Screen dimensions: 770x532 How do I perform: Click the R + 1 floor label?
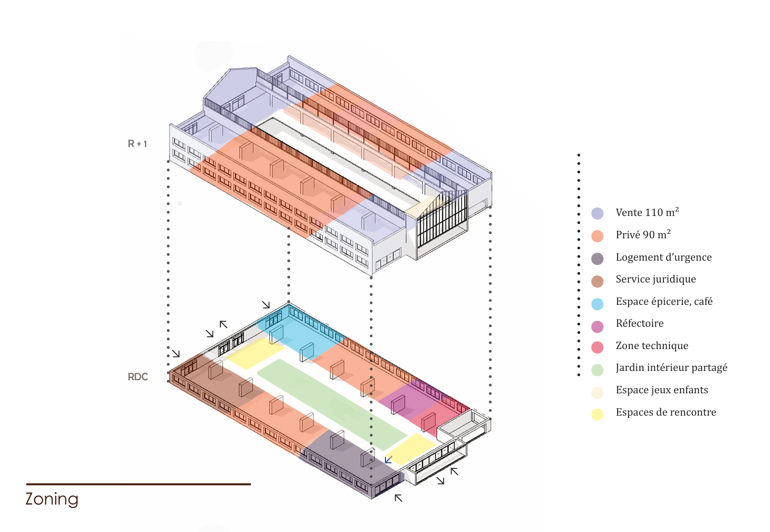(137, 144)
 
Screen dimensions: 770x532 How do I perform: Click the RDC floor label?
(137, 377)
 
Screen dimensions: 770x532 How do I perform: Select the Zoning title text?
(52, 499)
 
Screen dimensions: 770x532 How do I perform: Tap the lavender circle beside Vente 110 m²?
(597, 213)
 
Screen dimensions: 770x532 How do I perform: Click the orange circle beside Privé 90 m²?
(597, 236)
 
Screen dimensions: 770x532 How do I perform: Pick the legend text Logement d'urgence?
(663, 257)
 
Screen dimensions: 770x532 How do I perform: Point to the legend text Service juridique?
(655, 279)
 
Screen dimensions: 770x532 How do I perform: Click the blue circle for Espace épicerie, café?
(597, 304)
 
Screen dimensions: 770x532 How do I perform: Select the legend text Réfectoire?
(639, 323)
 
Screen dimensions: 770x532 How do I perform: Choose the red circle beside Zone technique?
(597, 347)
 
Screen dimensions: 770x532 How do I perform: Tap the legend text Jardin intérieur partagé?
(671, 368)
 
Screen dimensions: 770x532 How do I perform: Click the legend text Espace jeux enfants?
(661, 390)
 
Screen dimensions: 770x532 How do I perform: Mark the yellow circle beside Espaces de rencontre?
(597, 414)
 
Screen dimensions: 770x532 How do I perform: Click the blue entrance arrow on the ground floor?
(388, 460)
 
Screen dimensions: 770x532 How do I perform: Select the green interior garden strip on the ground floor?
(331, 403)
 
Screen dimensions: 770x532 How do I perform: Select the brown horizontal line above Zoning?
(138, 484)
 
